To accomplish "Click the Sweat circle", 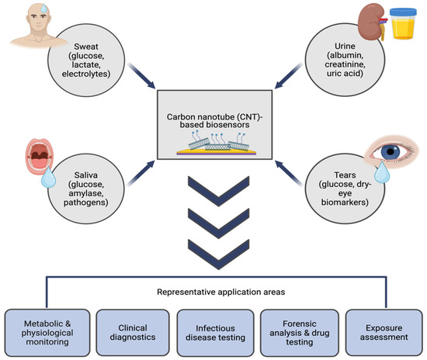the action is point(86,61).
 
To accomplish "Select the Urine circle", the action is point(345,60).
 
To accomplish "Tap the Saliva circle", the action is point(86,189).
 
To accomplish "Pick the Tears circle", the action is point(345,189).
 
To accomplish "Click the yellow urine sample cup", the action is point(403,23).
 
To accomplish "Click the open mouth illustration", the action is point(40,156).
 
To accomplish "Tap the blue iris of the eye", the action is point(391,152).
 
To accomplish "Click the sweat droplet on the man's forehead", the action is point(43,9).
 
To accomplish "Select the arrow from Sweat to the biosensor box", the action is point(141,75).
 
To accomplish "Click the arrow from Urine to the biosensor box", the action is point(288,75).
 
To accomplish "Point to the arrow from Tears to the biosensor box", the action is point(288,173).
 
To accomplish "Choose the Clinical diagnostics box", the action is point(133,333).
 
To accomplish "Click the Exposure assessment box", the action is point(384,333).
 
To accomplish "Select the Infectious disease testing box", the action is point(215,333).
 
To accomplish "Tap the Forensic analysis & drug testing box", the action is point(300,333).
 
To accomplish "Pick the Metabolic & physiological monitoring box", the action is point(47,333).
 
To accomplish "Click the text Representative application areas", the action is point(221,292).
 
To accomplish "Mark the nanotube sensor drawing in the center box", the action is point(217,144).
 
